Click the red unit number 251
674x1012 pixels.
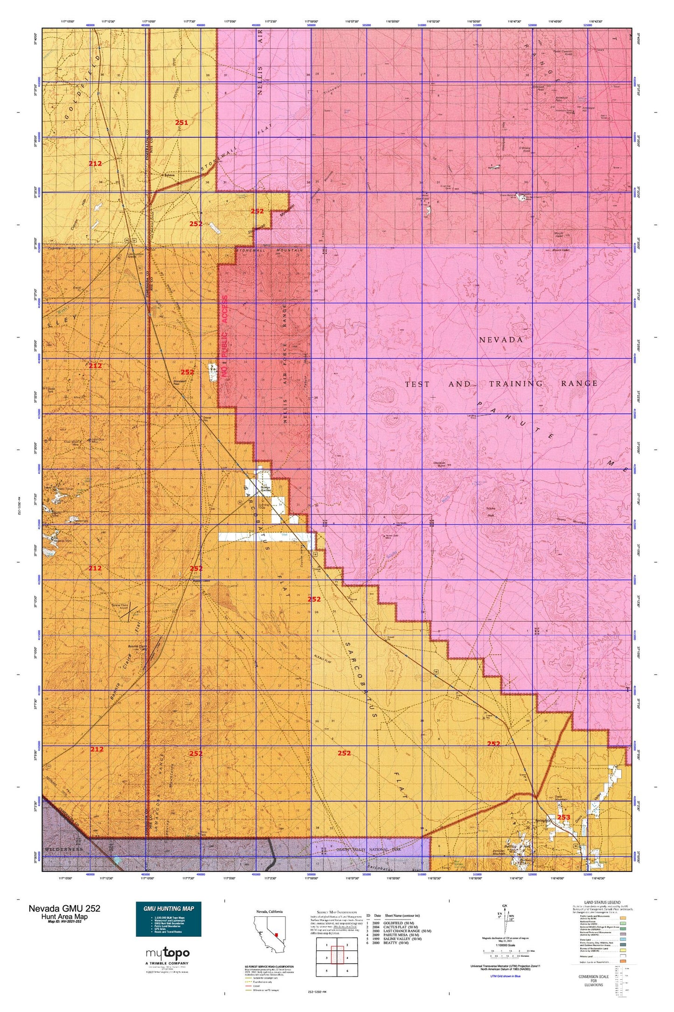pos(181,123)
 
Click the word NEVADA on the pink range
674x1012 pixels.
pos(501,340)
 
